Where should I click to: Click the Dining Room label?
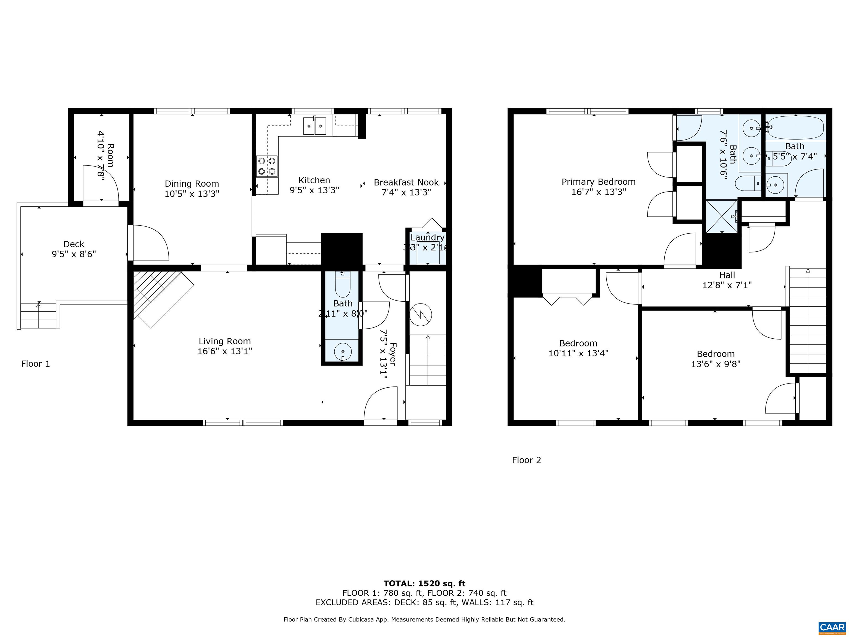pyautogui.click(x=192, y=184)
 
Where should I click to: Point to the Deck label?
pyautogui.click(x=74, y=244)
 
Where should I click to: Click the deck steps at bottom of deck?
pyautogui.click(x=38, y=316)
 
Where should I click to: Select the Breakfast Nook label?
pyautogui.click(x=406, y=183)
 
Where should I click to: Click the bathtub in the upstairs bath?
pyautogui.click(x=796, y=128)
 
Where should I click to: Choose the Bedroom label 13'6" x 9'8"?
pyautogui.click(x=716, y=354)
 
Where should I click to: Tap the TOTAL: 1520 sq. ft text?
pyautogui.click(x=424, y=584)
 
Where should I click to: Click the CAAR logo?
pyautogui.click(x=832, y=627)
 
